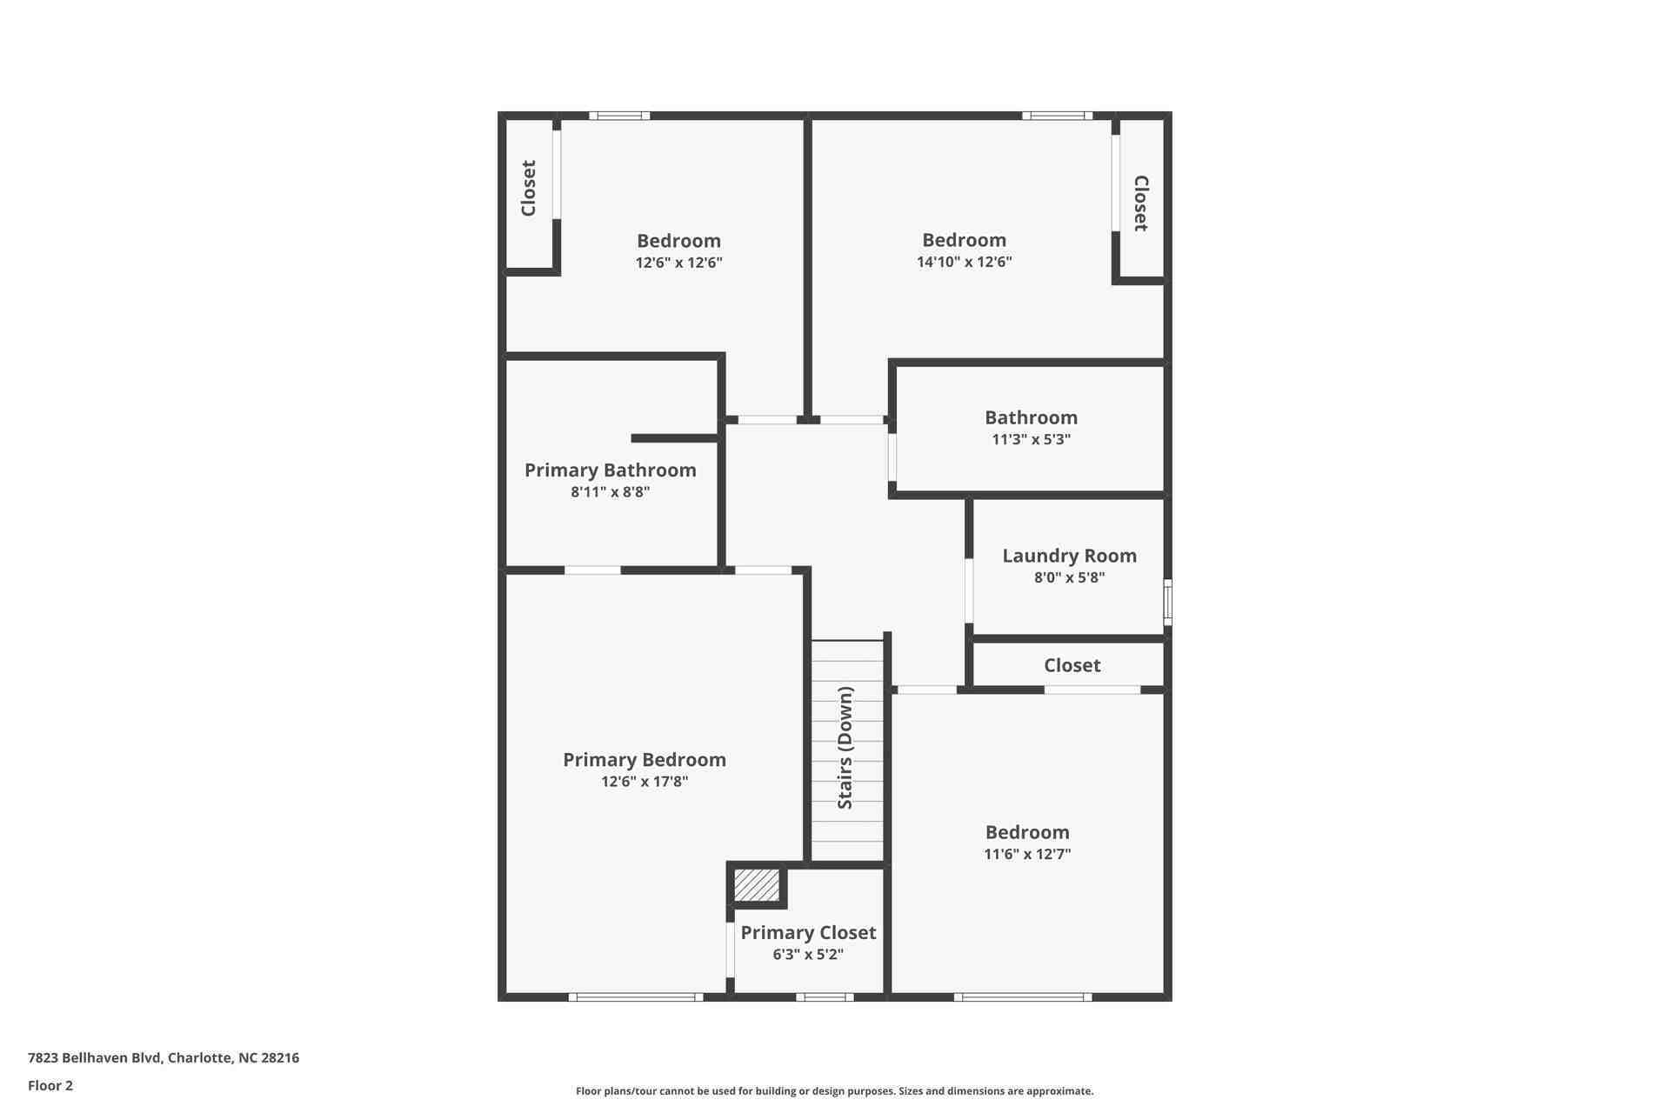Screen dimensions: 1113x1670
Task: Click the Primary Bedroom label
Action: [644, 759]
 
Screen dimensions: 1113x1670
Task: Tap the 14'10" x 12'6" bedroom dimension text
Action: [964, 262]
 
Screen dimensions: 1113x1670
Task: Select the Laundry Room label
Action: [1069, 556]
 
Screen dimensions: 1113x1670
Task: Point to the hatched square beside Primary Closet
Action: [756, 885]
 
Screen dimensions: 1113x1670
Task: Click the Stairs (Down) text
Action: [845, 748]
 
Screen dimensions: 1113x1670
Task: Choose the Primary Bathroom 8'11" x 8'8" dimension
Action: [610, 492]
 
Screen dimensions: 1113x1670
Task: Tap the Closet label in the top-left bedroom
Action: [528, 188]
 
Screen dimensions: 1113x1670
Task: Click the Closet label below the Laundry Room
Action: [1072, 665]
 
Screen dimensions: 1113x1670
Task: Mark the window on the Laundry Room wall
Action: [1167, 602]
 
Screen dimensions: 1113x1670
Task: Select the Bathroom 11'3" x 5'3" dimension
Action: [1031, 440]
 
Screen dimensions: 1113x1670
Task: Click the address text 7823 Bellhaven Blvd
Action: [164, 1058]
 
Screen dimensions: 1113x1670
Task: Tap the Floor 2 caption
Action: [50, 1085]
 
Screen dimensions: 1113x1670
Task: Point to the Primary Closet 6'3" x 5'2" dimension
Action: [807, 955]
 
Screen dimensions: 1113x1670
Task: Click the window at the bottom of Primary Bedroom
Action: [636, 997]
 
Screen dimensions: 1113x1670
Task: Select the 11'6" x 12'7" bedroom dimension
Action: [1026, 855]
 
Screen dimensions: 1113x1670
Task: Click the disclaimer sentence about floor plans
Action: [834, 1091]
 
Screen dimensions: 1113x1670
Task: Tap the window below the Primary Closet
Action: [824, 997]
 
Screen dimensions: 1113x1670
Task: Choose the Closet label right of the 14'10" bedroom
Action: [1141, 203]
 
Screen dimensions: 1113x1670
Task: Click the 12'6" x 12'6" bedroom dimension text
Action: [678, 263]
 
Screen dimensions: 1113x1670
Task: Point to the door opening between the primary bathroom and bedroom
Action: [592, 570]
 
